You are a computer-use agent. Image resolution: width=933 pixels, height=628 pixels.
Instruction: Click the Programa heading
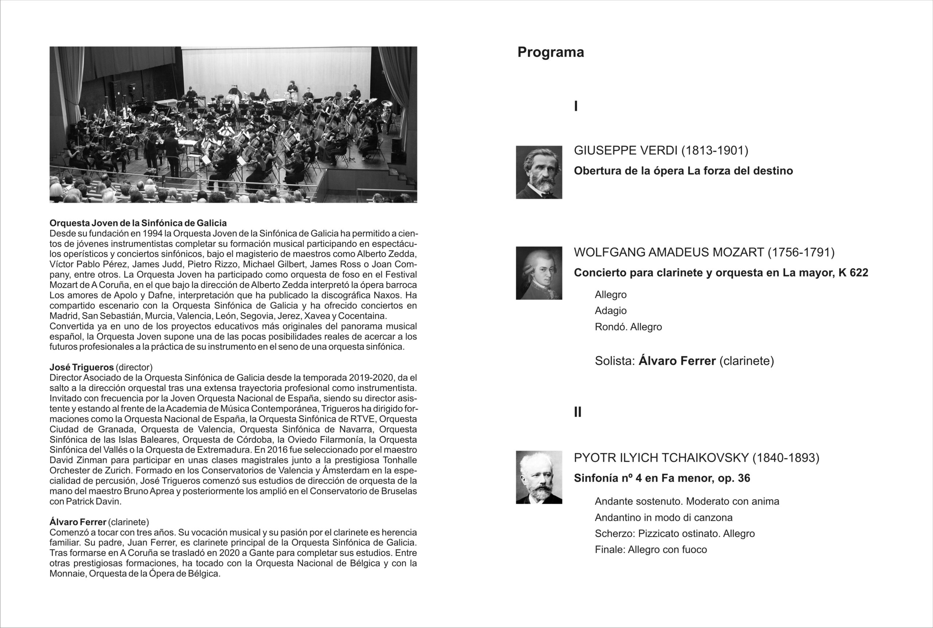click(551, 52)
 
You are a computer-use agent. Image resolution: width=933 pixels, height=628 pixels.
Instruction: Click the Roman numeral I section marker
click(576, 106)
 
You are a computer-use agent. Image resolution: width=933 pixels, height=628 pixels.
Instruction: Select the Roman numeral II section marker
click(577, 412)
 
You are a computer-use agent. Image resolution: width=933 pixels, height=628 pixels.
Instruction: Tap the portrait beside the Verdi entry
click(539, 172)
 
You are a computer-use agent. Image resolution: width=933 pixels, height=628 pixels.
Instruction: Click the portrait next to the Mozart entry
click(539, 273)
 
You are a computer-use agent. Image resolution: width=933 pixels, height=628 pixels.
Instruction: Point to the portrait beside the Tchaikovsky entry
click(539, 477)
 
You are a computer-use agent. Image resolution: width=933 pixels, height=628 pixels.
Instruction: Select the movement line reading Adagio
click(611, 311)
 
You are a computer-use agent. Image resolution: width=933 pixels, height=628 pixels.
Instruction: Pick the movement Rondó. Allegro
click(628, 327)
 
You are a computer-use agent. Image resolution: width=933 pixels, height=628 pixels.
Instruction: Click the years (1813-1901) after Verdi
click(715, 151)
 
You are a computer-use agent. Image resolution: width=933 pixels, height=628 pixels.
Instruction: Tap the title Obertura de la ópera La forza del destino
click(683, 171)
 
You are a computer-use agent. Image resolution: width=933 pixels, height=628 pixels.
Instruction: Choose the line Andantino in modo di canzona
click(664, 518)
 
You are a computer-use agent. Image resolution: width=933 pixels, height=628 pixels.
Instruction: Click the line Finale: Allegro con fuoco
click(651, 550)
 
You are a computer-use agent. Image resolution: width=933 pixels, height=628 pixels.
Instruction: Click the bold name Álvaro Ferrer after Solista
click(677, 361)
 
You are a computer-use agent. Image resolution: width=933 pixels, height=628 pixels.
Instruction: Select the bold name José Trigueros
click(82, 367)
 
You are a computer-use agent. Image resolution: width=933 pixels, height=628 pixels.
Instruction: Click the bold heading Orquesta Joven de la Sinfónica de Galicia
click(138, 223)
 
